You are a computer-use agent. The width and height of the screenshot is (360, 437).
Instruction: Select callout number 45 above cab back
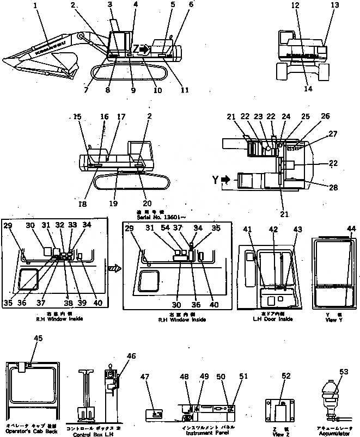38,338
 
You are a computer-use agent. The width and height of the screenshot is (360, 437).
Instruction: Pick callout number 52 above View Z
286,376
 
